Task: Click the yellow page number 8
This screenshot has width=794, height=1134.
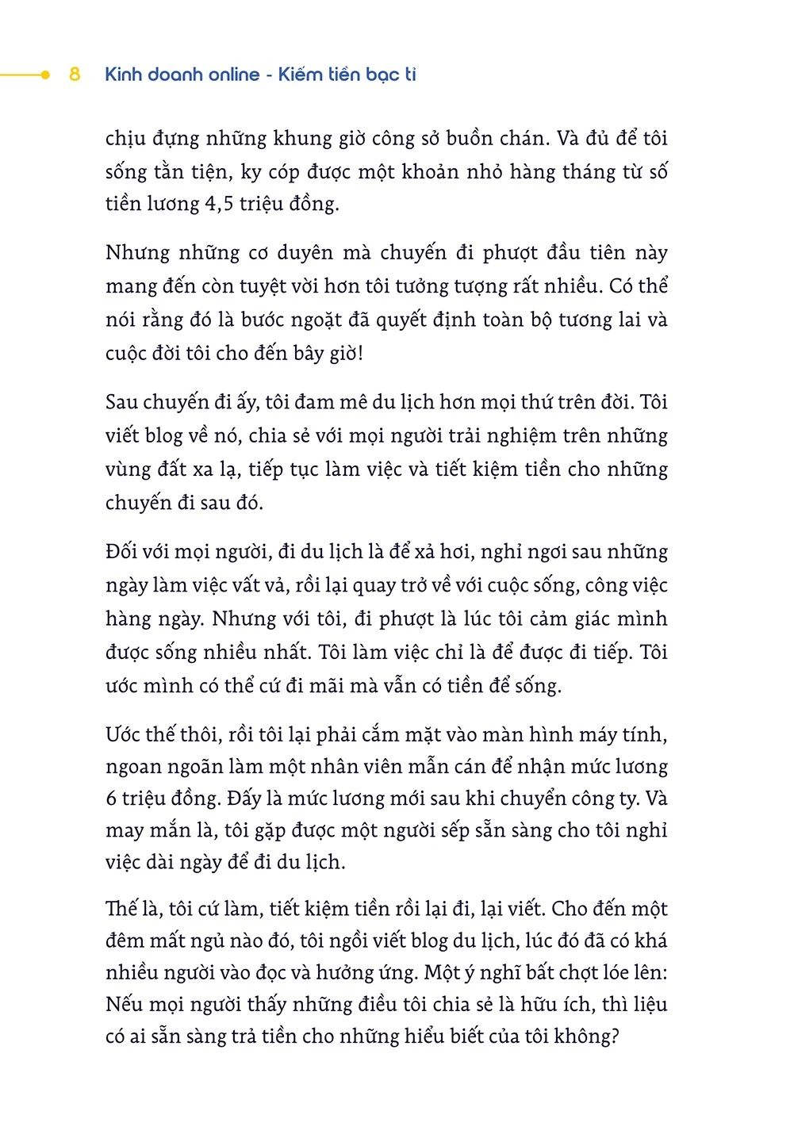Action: (75, 75)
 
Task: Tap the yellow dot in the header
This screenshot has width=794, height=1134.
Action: (45, 75)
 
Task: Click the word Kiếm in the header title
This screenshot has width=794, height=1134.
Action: (301, 75)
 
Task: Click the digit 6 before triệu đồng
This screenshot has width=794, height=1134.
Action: (111, 799)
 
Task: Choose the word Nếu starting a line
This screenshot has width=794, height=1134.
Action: (124, 1005)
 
